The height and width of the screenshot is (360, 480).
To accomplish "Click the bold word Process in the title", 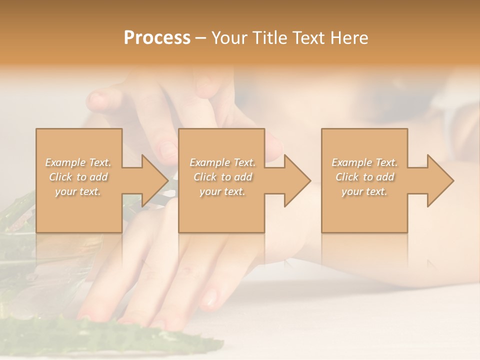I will (x=157, y=38).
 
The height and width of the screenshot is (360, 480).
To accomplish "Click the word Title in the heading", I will (x=265, y=38).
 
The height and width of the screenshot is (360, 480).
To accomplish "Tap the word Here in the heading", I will (x=349, y=38).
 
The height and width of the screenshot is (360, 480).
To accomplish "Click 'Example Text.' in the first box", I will (x=78, y=162).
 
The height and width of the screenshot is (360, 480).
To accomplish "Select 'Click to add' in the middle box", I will (x=222, y=177).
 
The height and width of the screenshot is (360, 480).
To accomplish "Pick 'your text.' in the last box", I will (x=364, y=191).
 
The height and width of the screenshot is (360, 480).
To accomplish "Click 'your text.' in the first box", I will (x=78, y=191).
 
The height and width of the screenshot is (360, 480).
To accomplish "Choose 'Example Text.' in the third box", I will (x=364, y=162).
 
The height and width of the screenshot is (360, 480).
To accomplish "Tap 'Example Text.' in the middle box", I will (x=222, y=162).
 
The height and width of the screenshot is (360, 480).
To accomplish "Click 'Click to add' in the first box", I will (x=78, y=177).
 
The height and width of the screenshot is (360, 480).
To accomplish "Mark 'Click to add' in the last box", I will (x=364, y=177).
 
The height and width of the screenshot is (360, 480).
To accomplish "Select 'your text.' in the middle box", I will (x=222, y=191).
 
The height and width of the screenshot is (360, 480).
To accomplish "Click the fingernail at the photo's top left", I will (x=97, y=100).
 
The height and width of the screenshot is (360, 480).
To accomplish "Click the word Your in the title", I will (x=228, y=38).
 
